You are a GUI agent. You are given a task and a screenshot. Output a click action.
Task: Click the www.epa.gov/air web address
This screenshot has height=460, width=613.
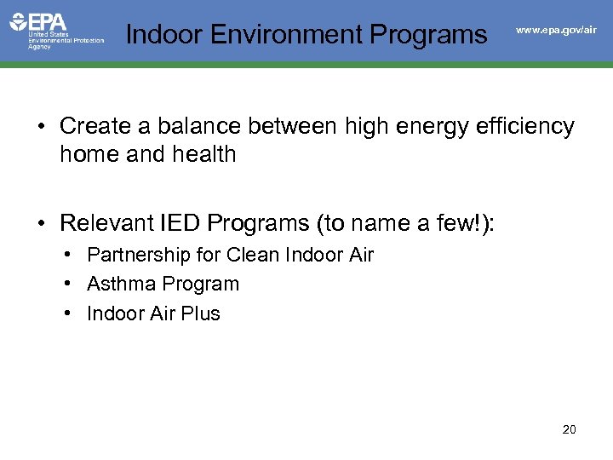tap(557, 30)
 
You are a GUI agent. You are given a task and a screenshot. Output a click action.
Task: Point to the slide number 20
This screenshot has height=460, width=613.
tap(570, 429)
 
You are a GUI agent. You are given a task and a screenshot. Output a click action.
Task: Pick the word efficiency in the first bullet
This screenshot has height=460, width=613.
tap(528, 126)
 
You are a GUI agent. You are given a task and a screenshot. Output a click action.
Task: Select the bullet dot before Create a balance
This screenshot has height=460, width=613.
tap(40, 127)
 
